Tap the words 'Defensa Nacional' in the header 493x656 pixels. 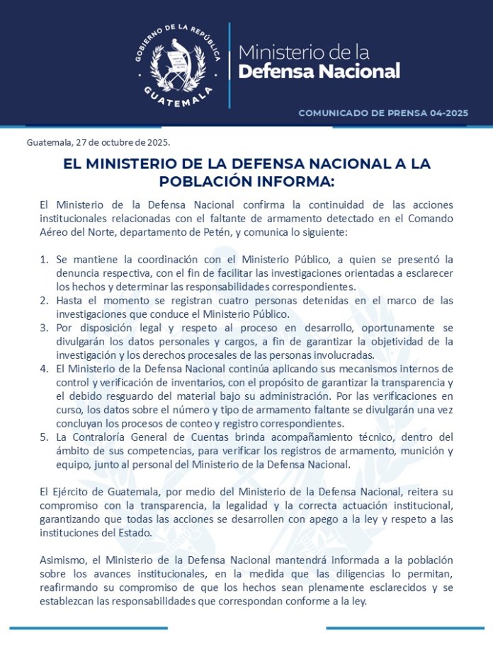319,71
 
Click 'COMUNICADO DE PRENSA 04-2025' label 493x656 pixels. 383,113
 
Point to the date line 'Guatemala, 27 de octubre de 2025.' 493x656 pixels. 98,142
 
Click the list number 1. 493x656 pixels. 43,260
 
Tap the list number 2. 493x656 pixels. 43,301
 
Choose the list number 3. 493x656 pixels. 43,328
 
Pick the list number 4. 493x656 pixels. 43,369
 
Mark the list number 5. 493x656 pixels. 43,437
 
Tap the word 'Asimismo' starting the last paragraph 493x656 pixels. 62,560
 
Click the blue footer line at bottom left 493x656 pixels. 89,627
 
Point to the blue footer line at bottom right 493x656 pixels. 405,627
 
